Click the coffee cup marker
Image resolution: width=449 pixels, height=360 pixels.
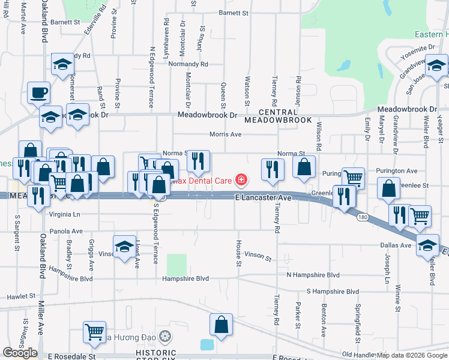click(39, 92)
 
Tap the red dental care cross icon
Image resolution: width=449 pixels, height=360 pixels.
click(241, 179)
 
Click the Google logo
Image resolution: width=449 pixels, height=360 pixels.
click(20, 353)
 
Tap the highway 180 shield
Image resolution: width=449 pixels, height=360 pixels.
click(361, 217)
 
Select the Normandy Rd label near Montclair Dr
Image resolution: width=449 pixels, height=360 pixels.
click(188, 64)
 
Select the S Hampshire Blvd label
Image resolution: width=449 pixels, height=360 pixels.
click(333, 291)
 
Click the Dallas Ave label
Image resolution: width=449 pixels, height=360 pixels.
click(396, 245)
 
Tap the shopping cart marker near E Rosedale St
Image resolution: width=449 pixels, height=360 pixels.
click(94, 333)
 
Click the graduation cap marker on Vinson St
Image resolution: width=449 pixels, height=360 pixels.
click(124, 247)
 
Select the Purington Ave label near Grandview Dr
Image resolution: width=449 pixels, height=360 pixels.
click(396, 171)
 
